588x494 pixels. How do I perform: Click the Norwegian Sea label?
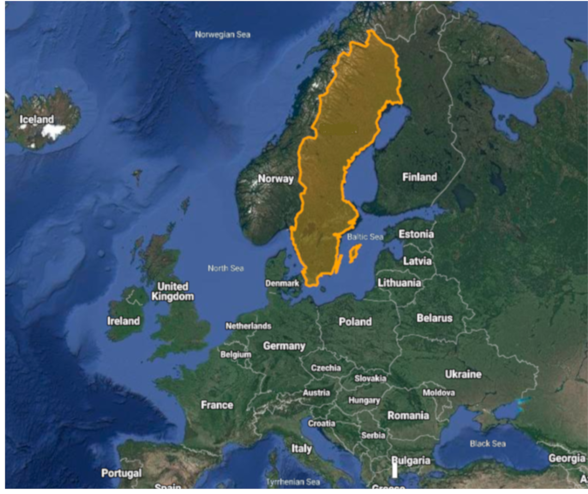click(x=222, y=35)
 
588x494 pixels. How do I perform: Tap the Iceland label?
click(x=36, y=119)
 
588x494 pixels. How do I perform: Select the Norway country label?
click(x=275, y=179)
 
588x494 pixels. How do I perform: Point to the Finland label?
click(x=419, y=177)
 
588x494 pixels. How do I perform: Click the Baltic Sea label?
click(x=365, y=237)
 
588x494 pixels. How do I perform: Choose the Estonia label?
click(x=416, y=234)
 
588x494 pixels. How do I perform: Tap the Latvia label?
click(x=417, y=261)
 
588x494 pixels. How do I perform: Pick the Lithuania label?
click(x=399, y=283)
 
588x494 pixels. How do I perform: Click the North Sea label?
click(x=225, y=268)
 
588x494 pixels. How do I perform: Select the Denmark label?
click(x=282, y=283)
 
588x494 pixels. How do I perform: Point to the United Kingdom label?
click(x=172, y=291)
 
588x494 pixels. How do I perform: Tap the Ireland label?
click(x=123, y=321)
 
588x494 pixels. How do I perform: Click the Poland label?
click(x=355, y=322)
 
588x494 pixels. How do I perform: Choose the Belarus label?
click(x=435, y=318)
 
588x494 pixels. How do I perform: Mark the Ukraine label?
click(x=463, y=374)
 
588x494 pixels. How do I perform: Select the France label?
click(x=217, y=405)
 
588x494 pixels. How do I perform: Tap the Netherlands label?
click(x=248, y=326)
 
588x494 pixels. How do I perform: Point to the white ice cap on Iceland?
click(x=53, y=130)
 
